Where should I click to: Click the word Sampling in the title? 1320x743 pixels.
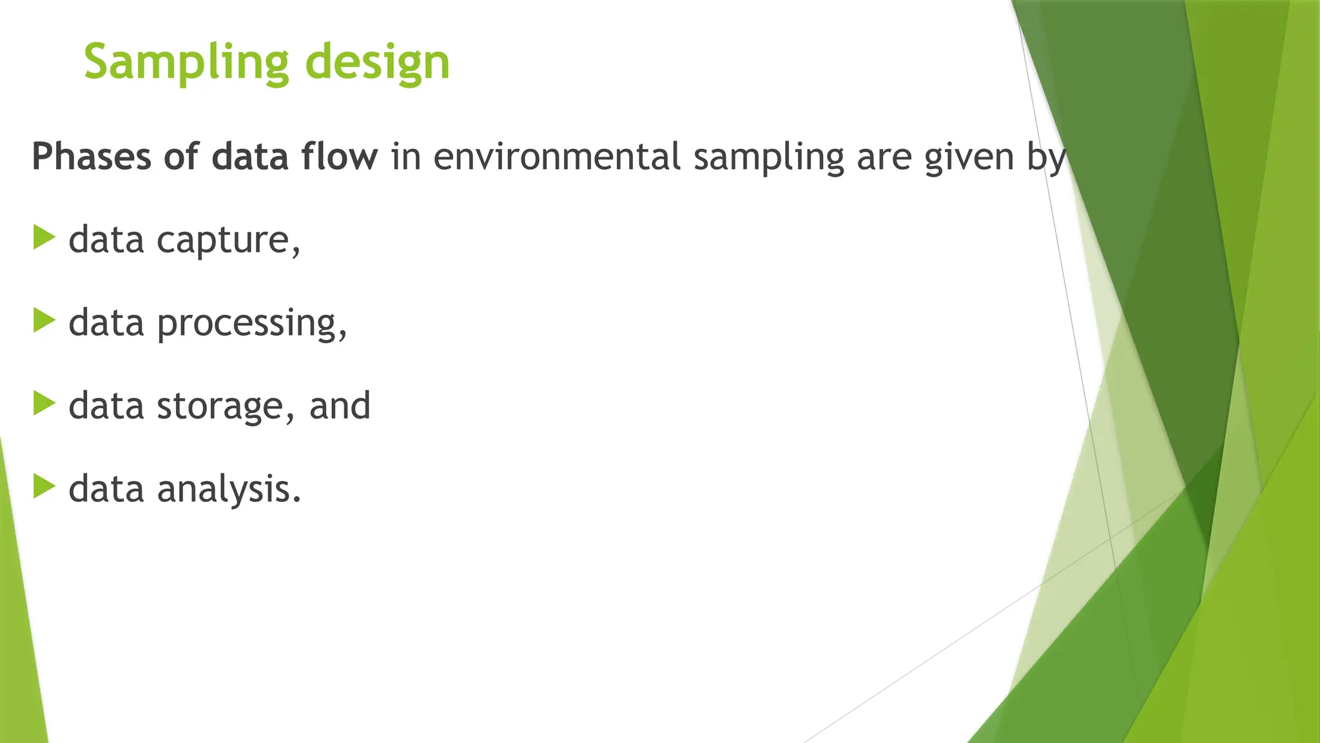[186, 63]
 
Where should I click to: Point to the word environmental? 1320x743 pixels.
[556, 157]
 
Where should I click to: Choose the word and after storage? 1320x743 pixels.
[340, 406]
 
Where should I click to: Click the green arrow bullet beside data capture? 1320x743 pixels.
[44, 237]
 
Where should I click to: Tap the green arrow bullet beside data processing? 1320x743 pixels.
[44, 321]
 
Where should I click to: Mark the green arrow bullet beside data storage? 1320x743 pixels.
[44, 403]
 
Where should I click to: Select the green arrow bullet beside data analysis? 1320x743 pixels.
[44, 486]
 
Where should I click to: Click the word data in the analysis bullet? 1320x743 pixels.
[106, 488]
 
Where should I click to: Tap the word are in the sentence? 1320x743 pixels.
[884, 157]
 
